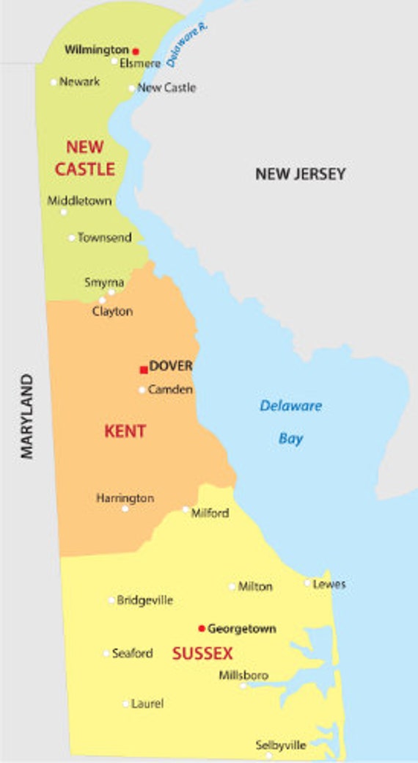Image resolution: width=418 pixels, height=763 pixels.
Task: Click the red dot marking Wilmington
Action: [136, 51]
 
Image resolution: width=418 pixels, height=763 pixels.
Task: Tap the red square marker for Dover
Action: [144, 370]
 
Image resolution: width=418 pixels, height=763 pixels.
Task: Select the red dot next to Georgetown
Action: [202, 628]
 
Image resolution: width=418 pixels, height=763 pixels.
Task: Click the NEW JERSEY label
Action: [300, 174]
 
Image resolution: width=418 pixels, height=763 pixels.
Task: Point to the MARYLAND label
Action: [27, 416]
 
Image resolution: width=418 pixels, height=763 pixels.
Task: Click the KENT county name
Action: [125, 431]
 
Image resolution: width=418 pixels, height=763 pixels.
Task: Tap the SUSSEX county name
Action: [202, 653]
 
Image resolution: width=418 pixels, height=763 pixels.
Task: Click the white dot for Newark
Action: [54, 82]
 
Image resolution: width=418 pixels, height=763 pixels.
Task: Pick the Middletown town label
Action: [80, 200]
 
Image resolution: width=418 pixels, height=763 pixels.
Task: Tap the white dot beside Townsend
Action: [72, 238]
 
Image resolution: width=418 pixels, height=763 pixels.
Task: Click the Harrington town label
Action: [125, 497]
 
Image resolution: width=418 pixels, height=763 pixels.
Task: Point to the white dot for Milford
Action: [186, 509]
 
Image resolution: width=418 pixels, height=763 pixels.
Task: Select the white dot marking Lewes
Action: [308, 583]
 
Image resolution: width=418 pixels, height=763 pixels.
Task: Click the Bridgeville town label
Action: [145, 600]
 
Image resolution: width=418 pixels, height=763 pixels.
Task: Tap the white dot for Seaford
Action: [106, 653]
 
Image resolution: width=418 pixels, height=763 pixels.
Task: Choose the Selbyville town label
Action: [281, 745]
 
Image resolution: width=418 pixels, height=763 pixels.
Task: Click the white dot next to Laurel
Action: [125, 704]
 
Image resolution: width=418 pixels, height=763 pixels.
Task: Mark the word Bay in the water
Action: [290, 439]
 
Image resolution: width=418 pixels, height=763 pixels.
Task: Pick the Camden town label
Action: [170, 390]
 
